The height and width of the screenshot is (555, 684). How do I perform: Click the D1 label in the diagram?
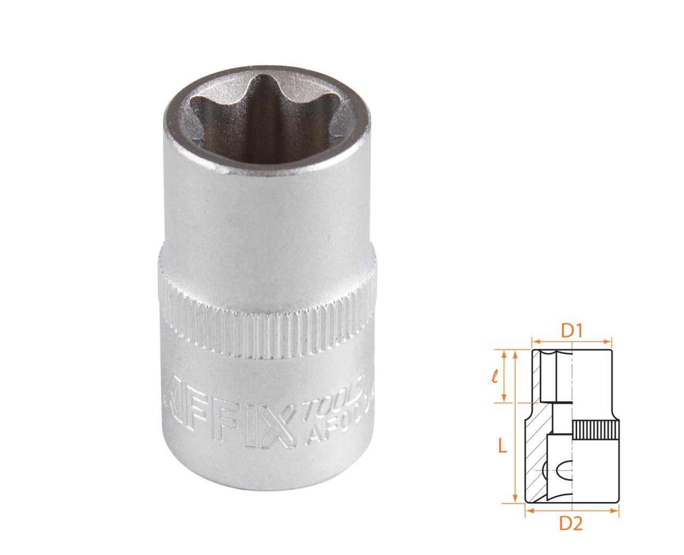click(x=571, y=330)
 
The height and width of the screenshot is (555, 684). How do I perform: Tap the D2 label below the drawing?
click(x=571, y=525)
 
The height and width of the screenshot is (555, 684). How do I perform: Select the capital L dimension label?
click(x=502, y=446)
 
